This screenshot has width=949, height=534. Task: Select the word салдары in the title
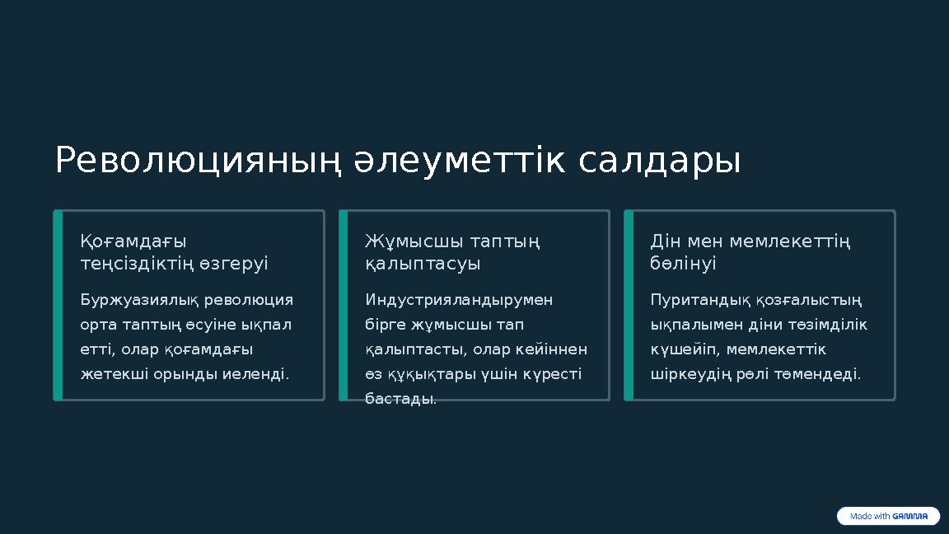click(659, 162)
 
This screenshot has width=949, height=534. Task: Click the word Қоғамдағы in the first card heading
click(133, 241)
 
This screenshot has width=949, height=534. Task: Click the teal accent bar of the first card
click(58, 305)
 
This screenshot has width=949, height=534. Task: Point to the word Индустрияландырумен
click(459, 299)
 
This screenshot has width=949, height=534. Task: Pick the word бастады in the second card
click(400, 399)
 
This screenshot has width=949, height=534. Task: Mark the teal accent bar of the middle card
click(344, 305)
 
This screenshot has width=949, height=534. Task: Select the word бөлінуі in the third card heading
click(683, 264)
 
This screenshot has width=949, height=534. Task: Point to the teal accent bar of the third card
click(629, 305)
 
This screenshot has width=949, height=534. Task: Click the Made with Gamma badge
click(888, 517)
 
